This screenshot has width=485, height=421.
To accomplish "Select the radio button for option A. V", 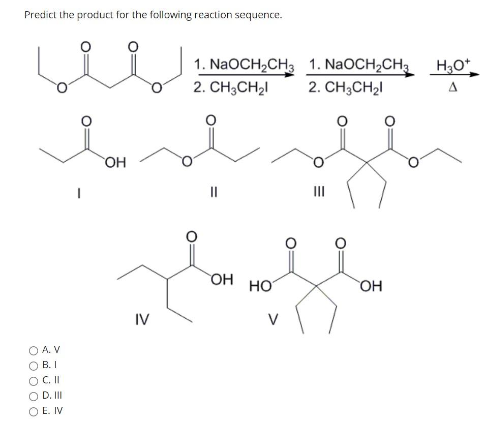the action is [x=34, y=350].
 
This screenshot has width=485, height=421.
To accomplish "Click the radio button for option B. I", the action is [x=34, y=365].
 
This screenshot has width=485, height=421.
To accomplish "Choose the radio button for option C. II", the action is [x=34, y=380].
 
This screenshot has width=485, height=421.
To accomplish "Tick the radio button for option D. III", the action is [x=34, y=395].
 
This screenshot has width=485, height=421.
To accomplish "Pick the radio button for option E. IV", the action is [x=34, y=410].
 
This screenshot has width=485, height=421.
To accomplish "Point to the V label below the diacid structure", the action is [x=274, y=319].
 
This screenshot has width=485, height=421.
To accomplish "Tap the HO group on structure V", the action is [x=260, y=287].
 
